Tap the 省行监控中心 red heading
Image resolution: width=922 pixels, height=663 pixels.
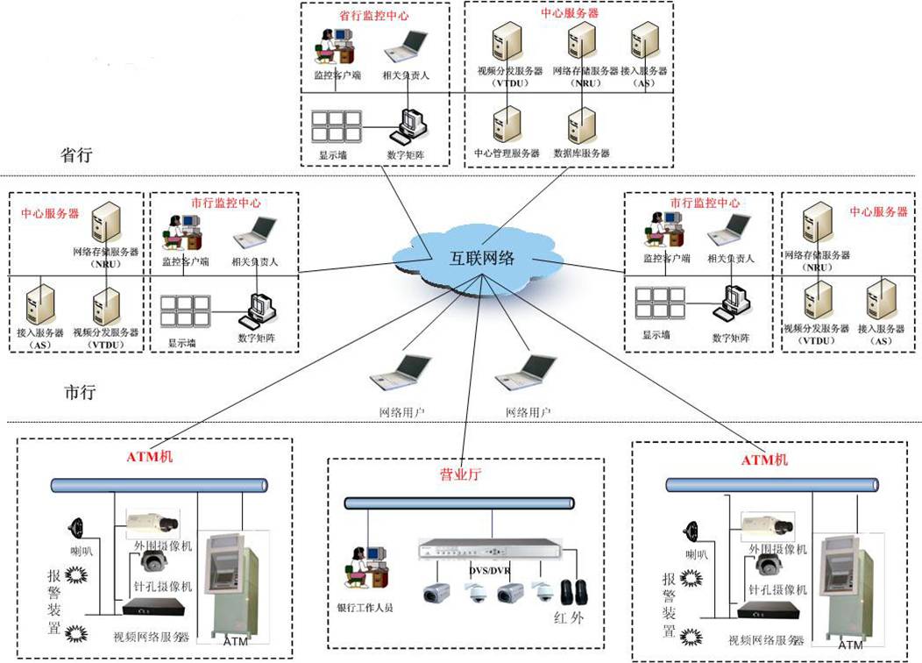[374, 15]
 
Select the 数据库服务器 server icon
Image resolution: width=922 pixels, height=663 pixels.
[578, 126]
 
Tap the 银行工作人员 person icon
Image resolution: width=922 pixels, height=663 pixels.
[367, 566]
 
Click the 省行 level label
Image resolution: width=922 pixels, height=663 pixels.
[76, 155]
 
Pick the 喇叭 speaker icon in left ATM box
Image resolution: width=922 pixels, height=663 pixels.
[74, 527]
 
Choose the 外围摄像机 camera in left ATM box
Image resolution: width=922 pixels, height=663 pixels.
[152, 524]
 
